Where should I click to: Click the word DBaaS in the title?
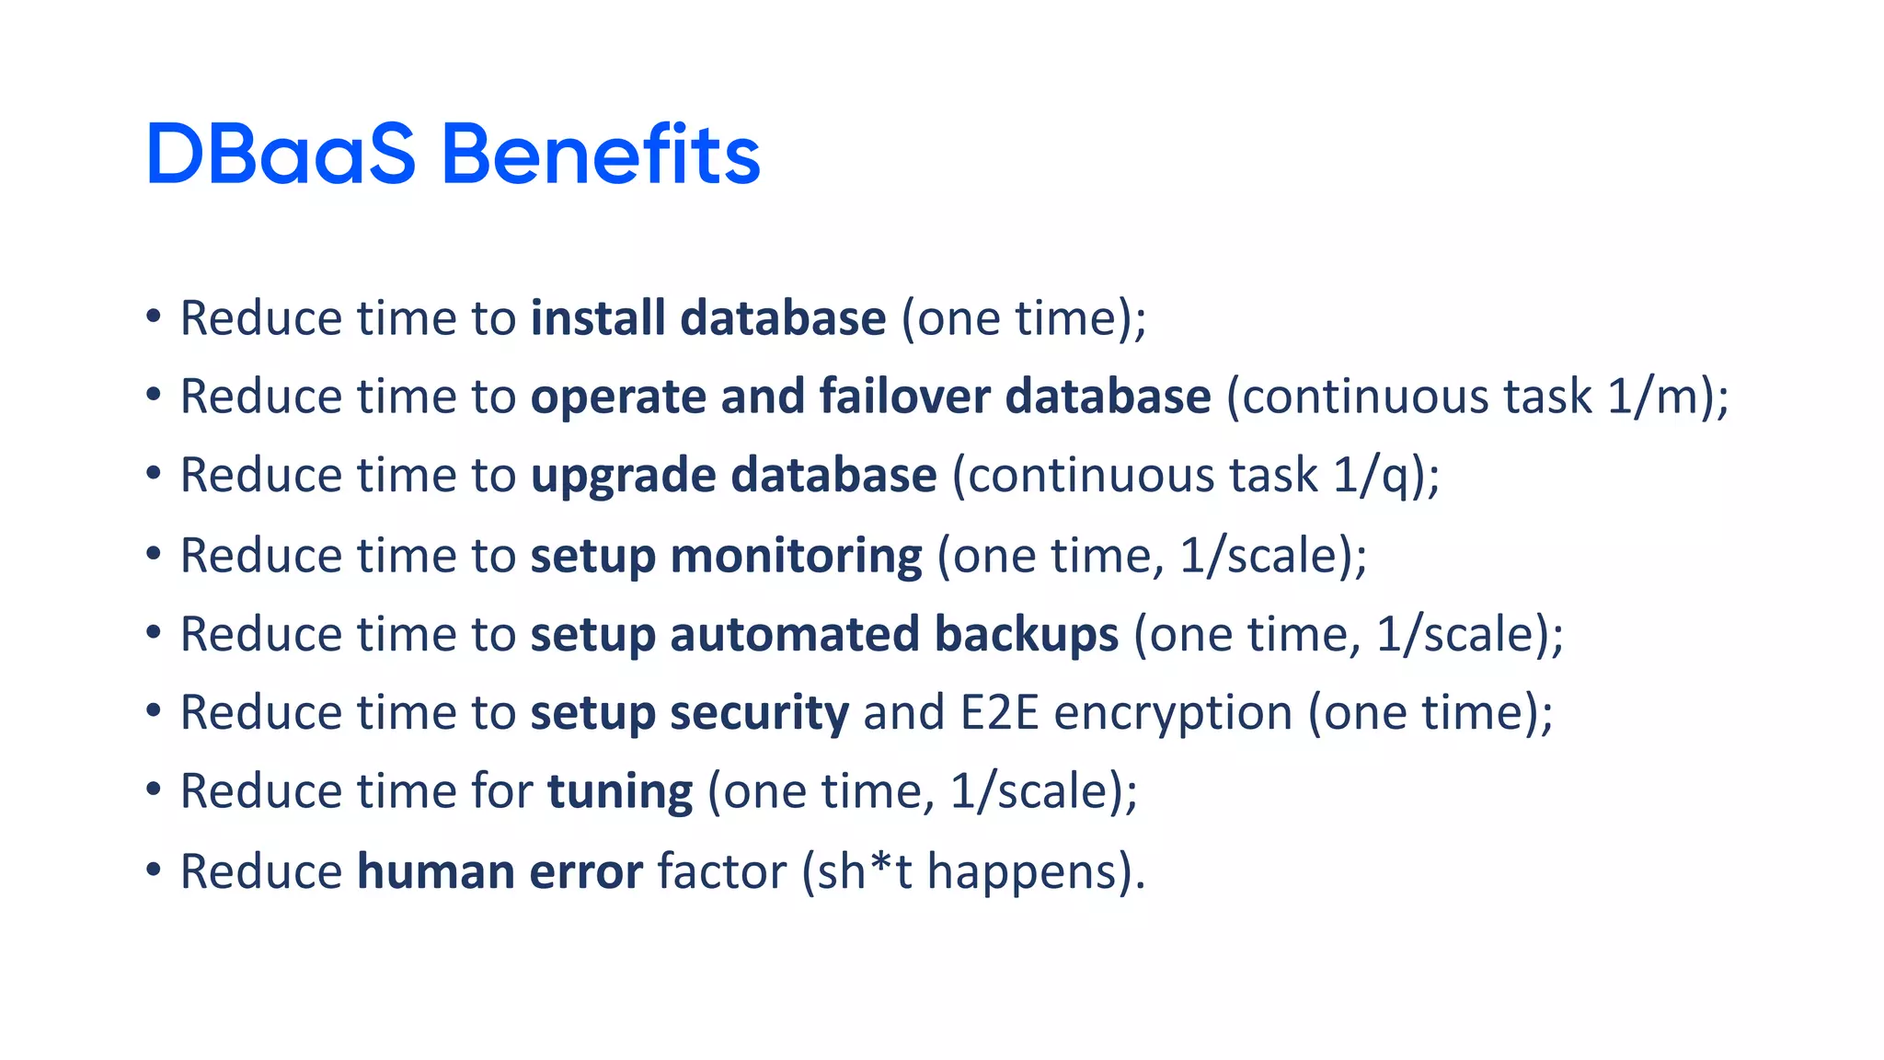pyautogui.click(x=281, y=155)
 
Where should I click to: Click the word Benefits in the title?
pyautogui.click(x=601, y=155)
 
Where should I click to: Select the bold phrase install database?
pyautogui.click(x=708, y=318)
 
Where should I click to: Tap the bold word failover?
pyautogui.click(x=904, y=397)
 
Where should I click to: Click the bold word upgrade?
pyautogui.click(x=623, y=477)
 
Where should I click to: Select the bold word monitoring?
pyautogui.click(x=796, y=556)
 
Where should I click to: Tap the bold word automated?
pyautogui.click(x=794, y=635)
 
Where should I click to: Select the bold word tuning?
pyautogui.click(x=620, y=792)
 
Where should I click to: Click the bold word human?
pyautogui.click(x=435, y=871)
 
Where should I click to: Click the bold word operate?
pyautogui.click(x=618, y=397)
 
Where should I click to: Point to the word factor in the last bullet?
pyautogui.click(x=722, y=871)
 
